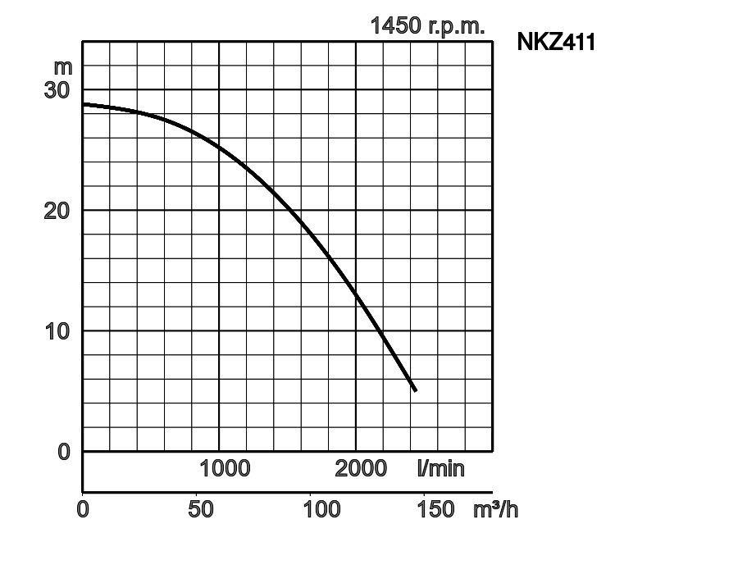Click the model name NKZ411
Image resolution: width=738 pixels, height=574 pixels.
point(555,42)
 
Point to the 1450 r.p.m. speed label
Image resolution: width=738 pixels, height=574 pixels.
point(427,25)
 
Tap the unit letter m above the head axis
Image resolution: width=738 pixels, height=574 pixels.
point(63,66)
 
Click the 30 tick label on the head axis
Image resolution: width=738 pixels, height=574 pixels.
point(57,89)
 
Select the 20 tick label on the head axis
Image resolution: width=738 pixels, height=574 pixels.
point(57,210)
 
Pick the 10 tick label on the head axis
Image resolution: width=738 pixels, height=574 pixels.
point(57,330)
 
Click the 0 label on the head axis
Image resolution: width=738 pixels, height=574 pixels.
point(65,451)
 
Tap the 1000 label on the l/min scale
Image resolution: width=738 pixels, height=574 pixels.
point(225,468)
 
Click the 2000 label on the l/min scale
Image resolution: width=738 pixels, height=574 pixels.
point(361,468)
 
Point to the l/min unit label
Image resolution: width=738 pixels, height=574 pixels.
point(440,468)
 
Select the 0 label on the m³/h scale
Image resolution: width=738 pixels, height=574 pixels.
point(83,509)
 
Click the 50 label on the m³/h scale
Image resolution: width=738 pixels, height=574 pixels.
point(201,509)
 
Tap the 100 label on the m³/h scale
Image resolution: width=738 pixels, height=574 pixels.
point(321,509)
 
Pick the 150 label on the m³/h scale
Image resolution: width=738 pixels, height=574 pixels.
point(435,509)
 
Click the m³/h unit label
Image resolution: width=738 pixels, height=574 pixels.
point(495,509)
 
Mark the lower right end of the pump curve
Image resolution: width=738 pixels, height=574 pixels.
point(415,390)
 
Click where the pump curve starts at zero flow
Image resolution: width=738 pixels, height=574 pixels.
point(84,104)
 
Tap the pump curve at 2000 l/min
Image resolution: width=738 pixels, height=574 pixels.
point(356,293)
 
